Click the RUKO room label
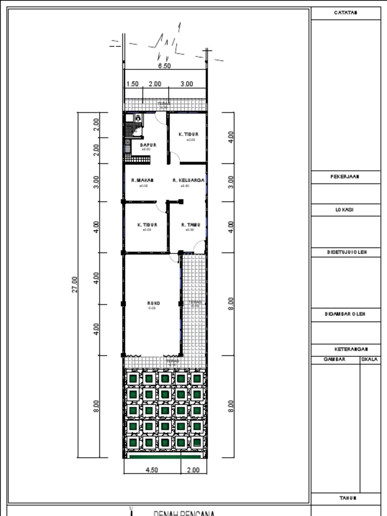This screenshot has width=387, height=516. pos(154,303)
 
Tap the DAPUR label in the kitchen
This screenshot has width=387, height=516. pos(148,145)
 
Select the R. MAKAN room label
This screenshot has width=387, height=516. pos(143,180)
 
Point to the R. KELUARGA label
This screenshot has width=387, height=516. pos(188,180)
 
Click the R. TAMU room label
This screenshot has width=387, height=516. pos(190,225)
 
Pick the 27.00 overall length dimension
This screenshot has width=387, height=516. pos(75,284)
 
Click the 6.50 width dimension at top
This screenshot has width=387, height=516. pos(164,66)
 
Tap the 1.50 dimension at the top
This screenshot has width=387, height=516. pos(133,84)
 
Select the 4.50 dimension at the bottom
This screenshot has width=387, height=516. pos(152,470)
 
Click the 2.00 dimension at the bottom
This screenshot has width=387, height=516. pos(193,470)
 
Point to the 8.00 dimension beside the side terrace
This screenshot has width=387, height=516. pos(231,303)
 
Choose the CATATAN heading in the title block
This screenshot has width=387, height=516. pos(346,13)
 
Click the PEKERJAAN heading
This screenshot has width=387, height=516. pos(345,177)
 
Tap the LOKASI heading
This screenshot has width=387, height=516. pos(345,210)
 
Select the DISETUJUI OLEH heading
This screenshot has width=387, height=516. pos(345,251)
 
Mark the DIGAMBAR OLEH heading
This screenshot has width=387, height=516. pos(345,314)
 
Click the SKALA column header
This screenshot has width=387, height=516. pos(370,360)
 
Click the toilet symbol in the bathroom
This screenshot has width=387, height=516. pos(138,118)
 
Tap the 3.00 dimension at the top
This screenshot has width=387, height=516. pos(186,84)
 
